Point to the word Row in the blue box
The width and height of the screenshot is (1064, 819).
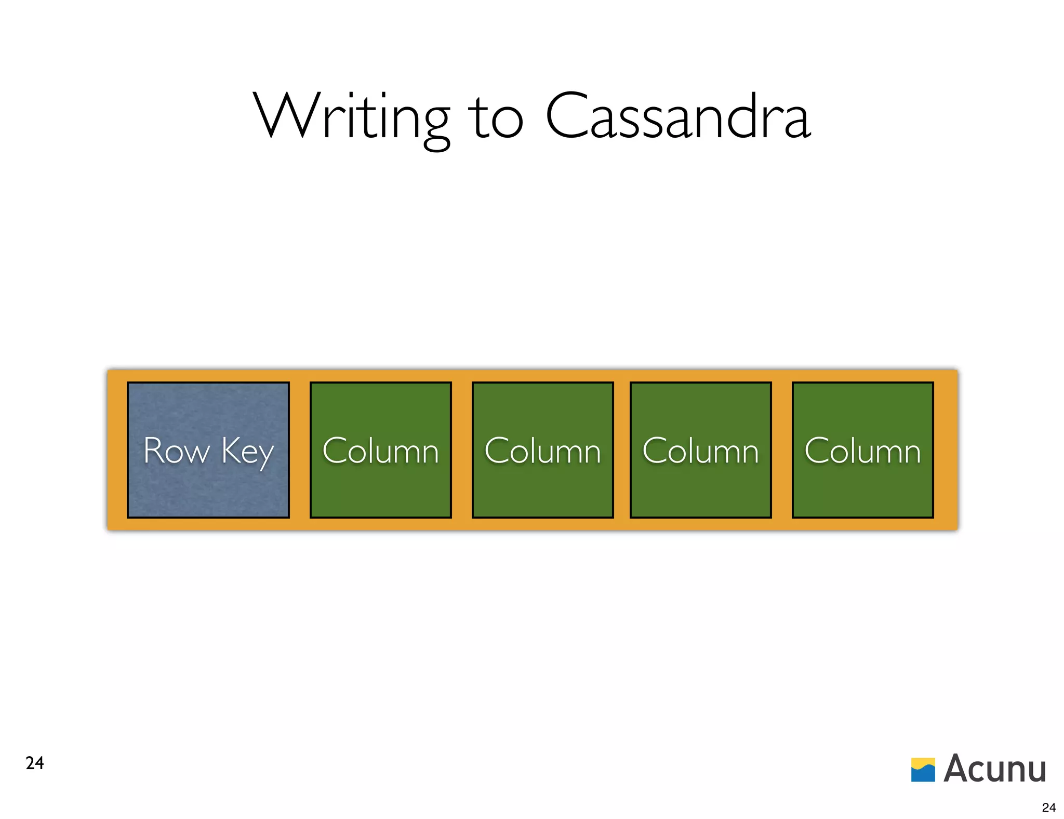[x=176, y=451]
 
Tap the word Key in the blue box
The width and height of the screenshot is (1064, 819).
[x=247, y=452]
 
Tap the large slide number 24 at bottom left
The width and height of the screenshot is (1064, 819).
[x=35, y=763]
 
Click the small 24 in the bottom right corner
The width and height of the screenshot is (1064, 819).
[x=1048, y=807]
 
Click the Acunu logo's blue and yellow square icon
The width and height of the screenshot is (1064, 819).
[x=923, y=770]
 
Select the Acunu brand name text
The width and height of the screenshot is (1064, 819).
[x=994, y=769]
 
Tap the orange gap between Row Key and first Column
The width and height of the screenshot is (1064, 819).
[x=300, y=450]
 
